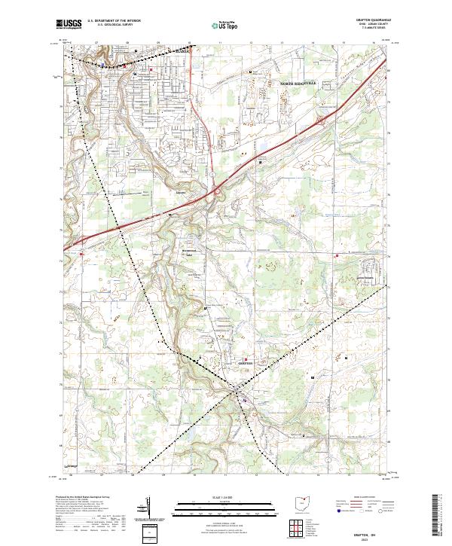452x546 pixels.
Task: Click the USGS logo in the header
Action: (x=69, y=25)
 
